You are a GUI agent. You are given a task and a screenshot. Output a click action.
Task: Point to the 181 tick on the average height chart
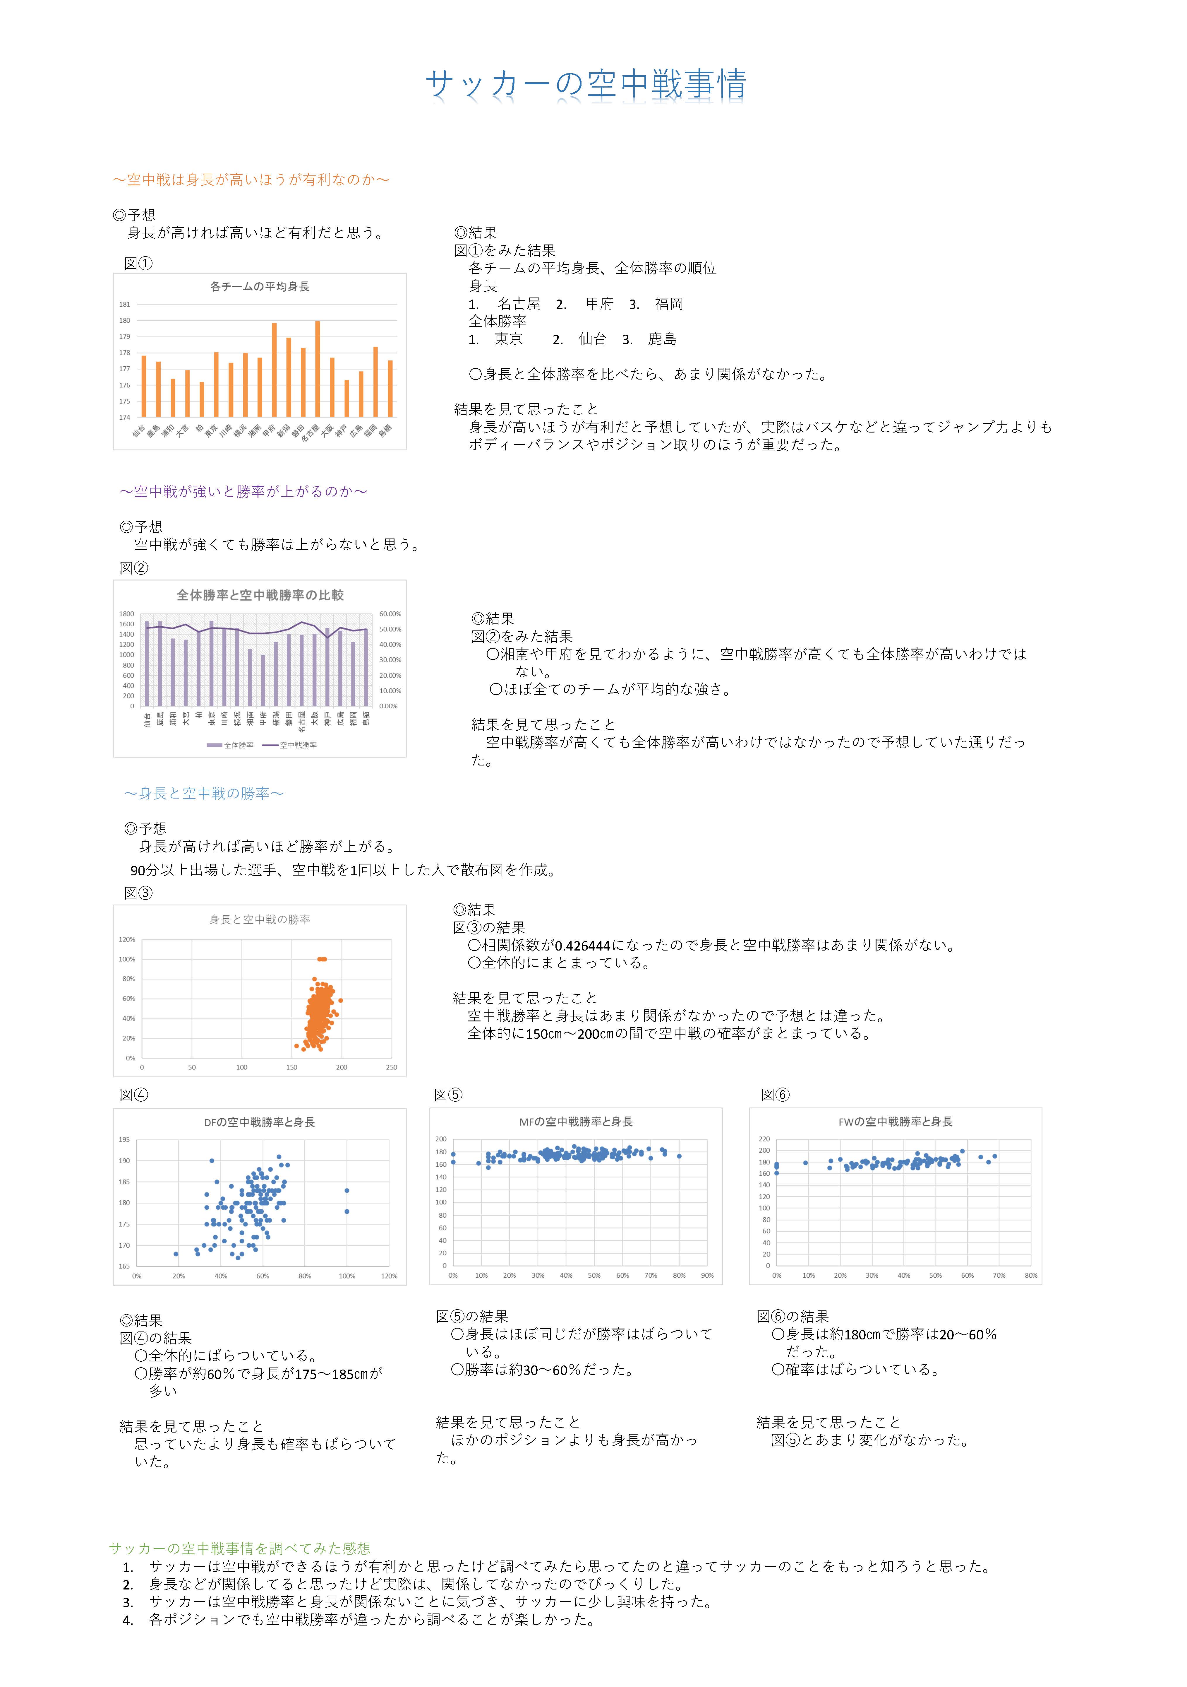click(x=125, y=304)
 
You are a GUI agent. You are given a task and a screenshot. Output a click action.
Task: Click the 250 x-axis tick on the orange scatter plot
click(x=392, y=1067)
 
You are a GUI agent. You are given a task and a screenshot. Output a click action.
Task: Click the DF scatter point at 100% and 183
click(x=347, y=1190)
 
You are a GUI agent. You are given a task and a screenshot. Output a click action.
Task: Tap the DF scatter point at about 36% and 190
click(x=212, y=1161)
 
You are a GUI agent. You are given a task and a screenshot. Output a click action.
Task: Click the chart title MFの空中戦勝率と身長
click(x=576, y=1121)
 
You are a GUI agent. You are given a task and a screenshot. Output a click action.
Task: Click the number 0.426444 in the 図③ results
click(x=582, y=946)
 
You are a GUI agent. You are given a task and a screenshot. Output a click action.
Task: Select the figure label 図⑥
click(x=775, y=1095)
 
